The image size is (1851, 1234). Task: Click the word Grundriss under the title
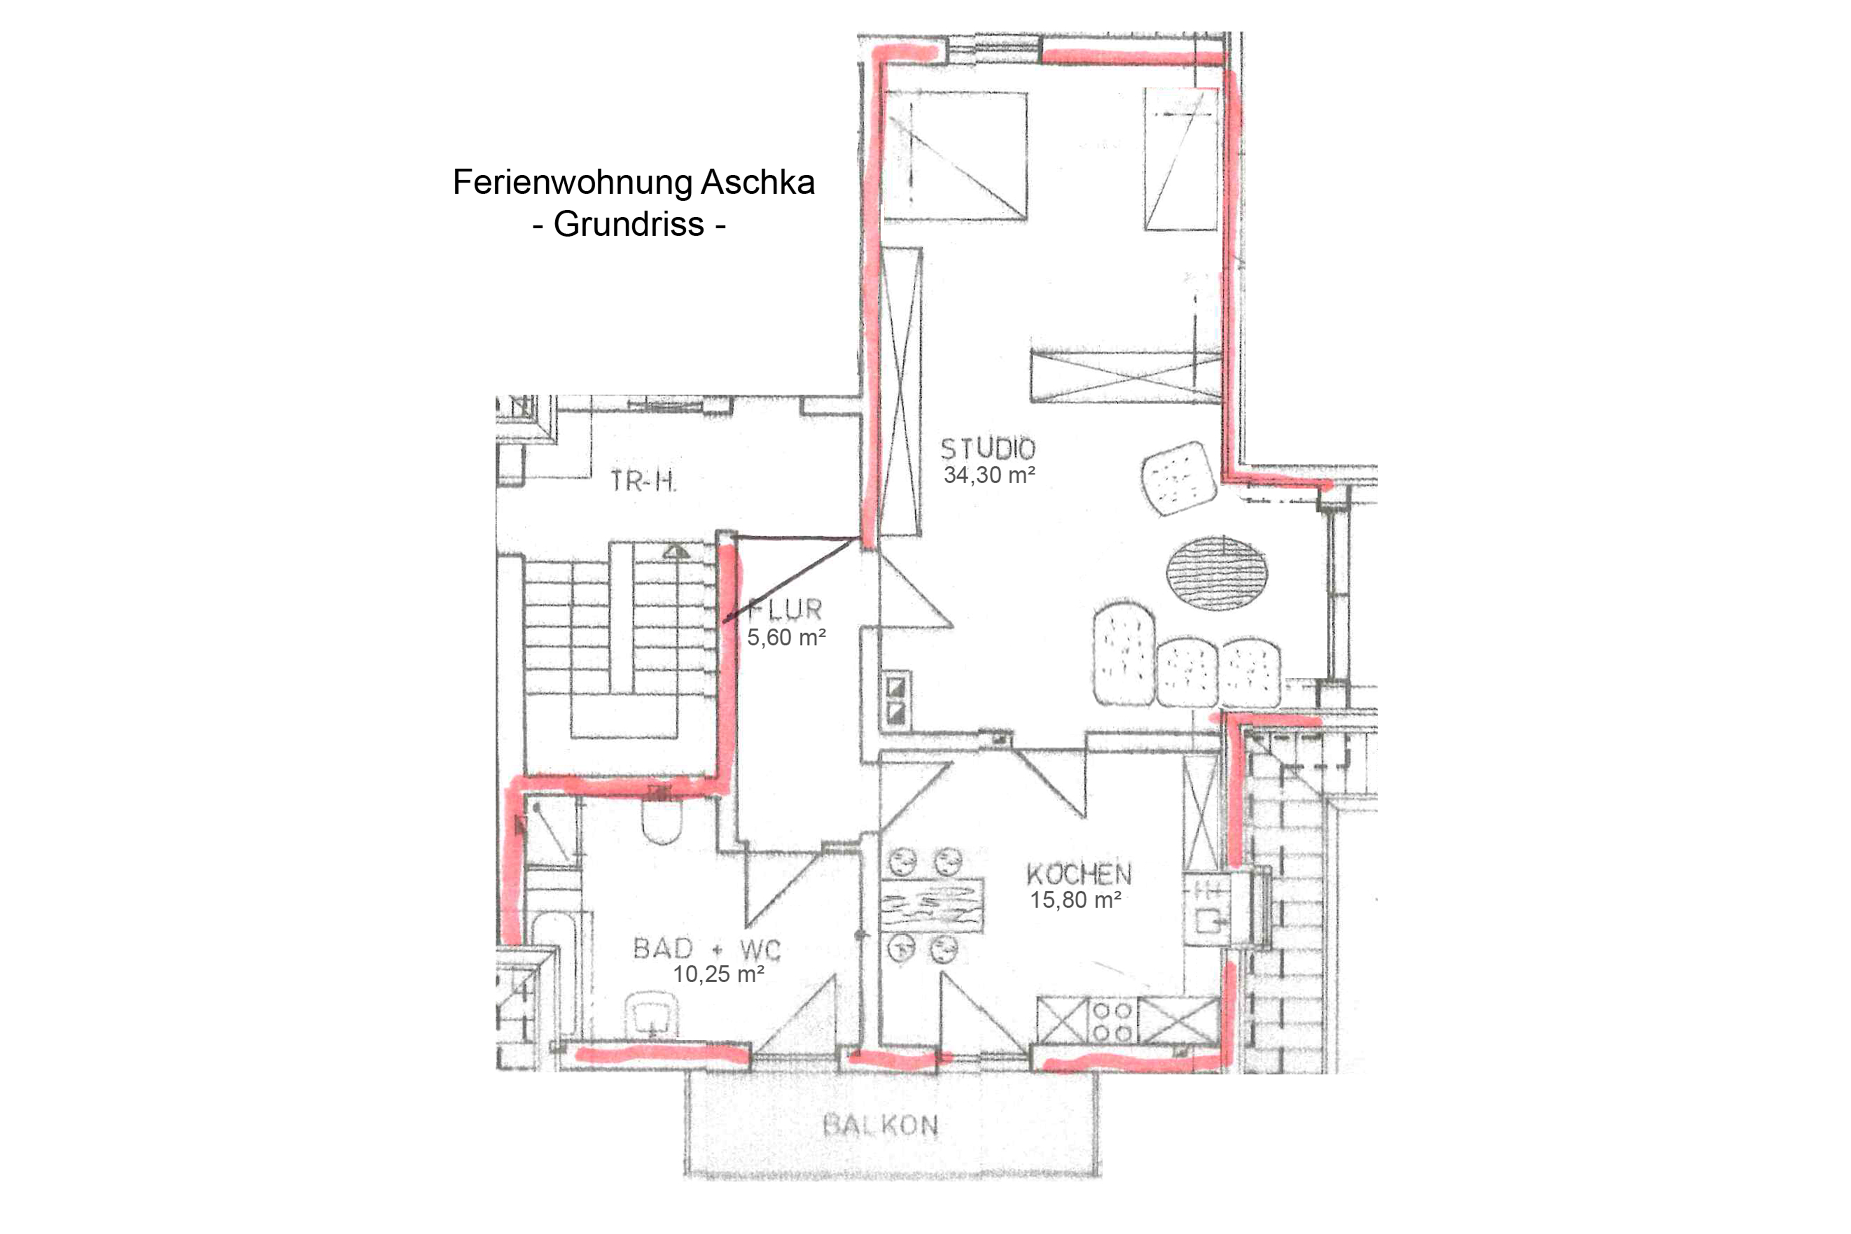pyautogui.click(x=629, y=224)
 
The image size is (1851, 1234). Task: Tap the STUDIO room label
pyautogui.click(x=988, y=449)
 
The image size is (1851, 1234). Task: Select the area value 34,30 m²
pyautogui.click(x=989, y=476)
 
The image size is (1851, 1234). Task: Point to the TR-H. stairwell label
pyautogui.click(x=643, y=481)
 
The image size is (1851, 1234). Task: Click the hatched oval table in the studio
pyautogui.click(x=1217, y=572)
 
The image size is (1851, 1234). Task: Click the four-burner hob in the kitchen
pyautogui.click(x=1113, y=1021)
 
